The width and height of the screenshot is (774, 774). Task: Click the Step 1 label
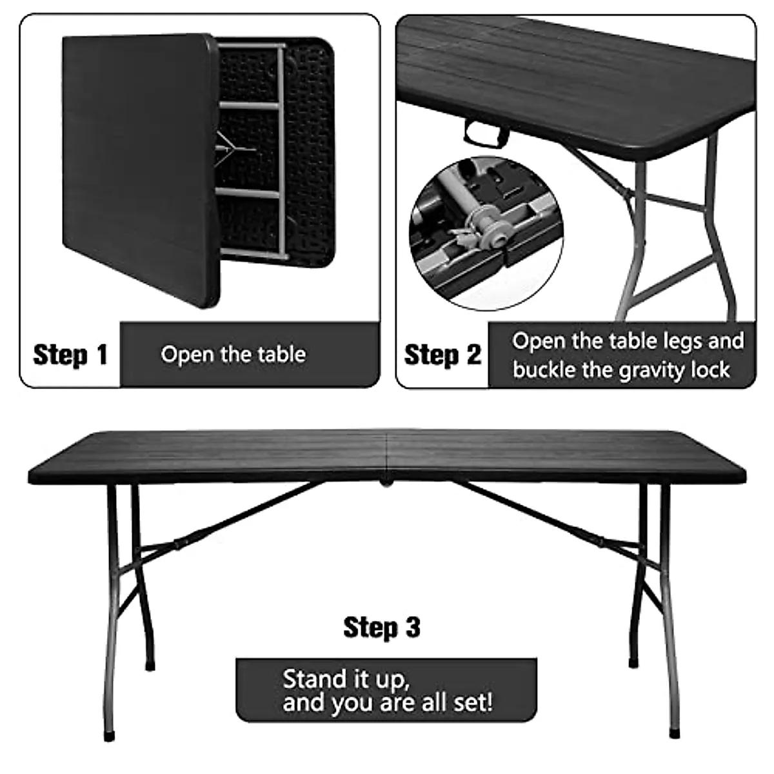(70, 355)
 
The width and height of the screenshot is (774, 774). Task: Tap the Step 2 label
(442, 355)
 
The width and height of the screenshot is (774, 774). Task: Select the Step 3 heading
(382, 627)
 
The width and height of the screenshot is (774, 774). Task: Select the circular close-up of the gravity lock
(486, 232)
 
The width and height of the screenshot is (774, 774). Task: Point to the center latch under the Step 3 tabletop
(386, 481)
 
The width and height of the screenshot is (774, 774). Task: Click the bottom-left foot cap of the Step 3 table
(109, 735)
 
